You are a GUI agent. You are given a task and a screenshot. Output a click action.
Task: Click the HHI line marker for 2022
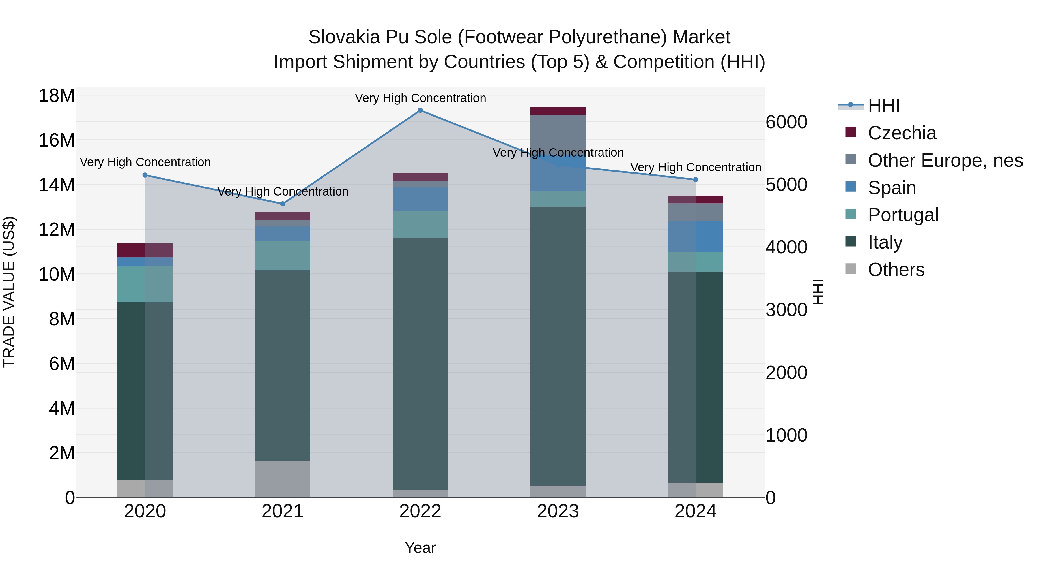coord(420,110)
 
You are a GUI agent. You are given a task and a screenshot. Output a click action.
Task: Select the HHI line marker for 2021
coord(283,204)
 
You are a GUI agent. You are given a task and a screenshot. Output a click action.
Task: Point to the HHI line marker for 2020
coord(145,175)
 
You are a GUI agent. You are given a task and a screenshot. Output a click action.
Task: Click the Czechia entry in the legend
coord(902,133)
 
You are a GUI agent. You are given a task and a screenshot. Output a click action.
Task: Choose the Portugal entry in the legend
coord(903,215)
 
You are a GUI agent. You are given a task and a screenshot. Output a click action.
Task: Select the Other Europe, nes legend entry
coord(945,160)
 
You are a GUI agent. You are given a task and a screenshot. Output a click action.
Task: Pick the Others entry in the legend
coord(896,270)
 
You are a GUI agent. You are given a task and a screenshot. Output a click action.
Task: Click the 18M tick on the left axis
coord(57,96)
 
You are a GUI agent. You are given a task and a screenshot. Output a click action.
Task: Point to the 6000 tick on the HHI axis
coord(786,122)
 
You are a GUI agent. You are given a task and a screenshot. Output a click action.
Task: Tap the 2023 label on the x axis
coord(558,511)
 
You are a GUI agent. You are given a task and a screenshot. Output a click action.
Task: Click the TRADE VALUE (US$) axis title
coord(9,292)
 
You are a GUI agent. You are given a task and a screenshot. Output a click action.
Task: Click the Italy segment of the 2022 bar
coord(420,363)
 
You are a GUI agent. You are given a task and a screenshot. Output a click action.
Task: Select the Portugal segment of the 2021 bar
coord(283,256)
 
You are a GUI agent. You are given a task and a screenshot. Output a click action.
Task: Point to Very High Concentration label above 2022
coord(420,98)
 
